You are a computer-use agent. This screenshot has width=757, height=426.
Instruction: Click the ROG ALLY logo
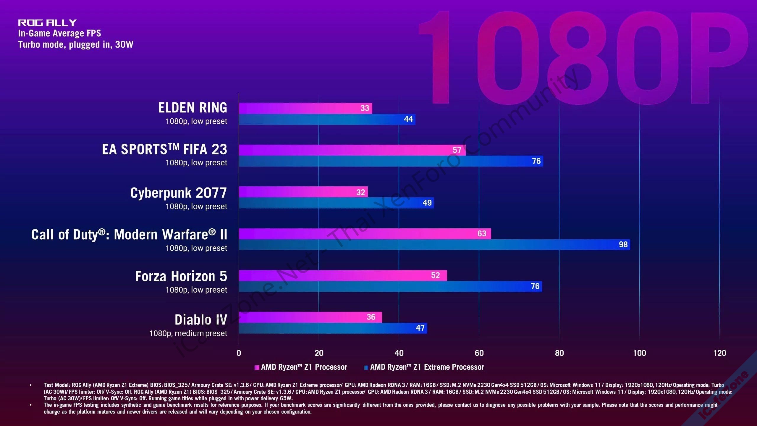coord(47,22)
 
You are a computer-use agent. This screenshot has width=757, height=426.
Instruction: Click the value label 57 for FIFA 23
coord(457,150)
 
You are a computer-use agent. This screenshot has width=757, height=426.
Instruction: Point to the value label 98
coord(623,245)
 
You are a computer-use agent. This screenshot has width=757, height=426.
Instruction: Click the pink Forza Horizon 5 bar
coord(343,275)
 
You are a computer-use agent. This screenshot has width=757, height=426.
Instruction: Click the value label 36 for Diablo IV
coord(371,317)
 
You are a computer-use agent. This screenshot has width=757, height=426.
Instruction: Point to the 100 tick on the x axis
coord(639,353)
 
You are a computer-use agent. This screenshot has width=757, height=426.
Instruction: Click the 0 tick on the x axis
coord(239,353)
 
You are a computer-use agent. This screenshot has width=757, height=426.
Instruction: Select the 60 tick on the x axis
coord(479,353)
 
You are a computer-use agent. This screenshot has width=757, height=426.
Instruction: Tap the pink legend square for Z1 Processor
coord(257,367)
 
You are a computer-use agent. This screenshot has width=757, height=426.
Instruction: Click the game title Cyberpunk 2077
coord(178,193)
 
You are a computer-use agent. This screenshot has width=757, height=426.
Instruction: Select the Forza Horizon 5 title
coord(181,276)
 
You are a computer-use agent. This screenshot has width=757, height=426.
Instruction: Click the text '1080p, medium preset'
coord(188,333)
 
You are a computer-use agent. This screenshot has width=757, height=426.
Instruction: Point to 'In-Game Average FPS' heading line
coord(59,33)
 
